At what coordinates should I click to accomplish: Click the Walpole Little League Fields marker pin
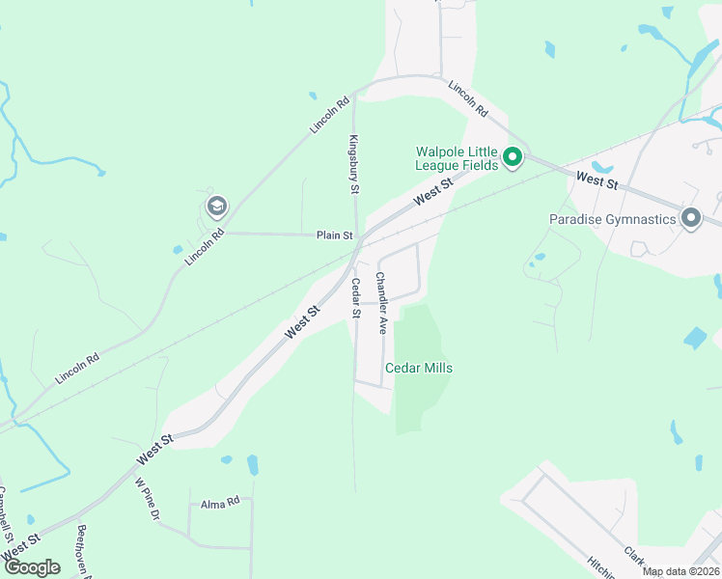[x=514, y=156]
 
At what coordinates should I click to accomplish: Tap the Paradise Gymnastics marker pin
[x=690, y=218]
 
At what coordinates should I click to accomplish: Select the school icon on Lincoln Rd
[x=216, y=206]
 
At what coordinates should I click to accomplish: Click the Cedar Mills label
[x=419, y=368]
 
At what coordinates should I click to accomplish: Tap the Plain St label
[x=334, y=234]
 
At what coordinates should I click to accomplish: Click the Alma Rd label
[x=219, y=504]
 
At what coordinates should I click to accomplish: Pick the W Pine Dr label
[x=146, y=499]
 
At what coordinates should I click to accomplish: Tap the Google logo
[x=32, y=566]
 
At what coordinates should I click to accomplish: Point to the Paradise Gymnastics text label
[x=613, y=219]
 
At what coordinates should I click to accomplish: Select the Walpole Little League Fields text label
[x=457, y=158]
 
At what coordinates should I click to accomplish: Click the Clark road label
[x=633, y=556]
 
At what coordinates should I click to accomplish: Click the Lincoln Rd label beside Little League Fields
[x=467, y=99]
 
